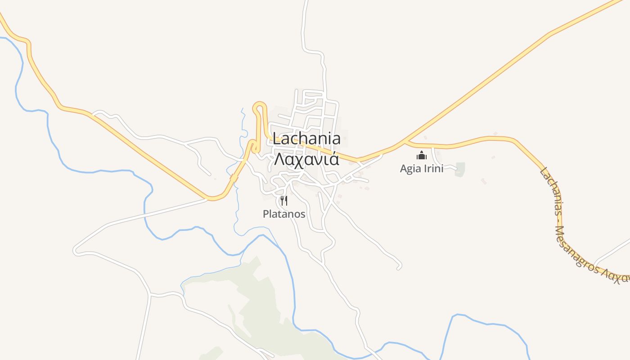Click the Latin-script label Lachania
(306, 139)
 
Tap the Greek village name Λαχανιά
(306, 159)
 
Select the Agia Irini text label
(422, 169)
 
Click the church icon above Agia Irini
(422, 156)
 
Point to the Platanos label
(284, 214)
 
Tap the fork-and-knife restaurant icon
(284, 200)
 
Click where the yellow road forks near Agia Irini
(405, 142)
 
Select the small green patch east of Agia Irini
(460, 169)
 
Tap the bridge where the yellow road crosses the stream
(234, 179)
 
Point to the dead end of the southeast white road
(399, 268)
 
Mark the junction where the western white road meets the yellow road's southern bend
(208, 198)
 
